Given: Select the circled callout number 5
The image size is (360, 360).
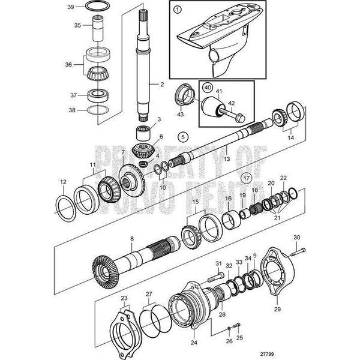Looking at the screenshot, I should point(183,136).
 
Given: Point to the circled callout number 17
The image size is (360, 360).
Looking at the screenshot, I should point(246,178).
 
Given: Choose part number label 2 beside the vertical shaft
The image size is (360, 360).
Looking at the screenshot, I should point(161,84).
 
